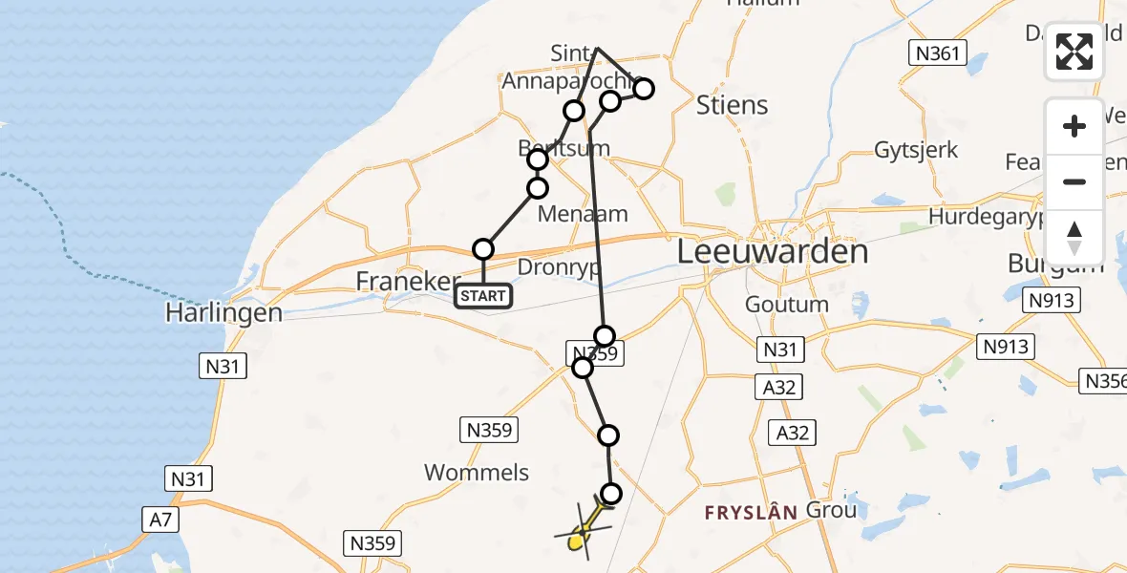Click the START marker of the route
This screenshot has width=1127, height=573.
click(x=483, y=296)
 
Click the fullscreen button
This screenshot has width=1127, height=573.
click(x=1074, y=52)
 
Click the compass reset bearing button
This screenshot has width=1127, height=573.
click(x=1074, y=236)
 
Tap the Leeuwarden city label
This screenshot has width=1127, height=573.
click(x=773, y=252)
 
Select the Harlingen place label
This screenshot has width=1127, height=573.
click(x=223, y=312)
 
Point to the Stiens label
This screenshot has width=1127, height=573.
click(x=733, y=104)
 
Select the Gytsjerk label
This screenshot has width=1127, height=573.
click(x=916, y=150)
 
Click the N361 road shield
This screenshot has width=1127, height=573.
click(x=937, y=53)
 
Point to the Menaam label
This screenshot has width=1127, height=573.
click(x=583, y=213)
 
